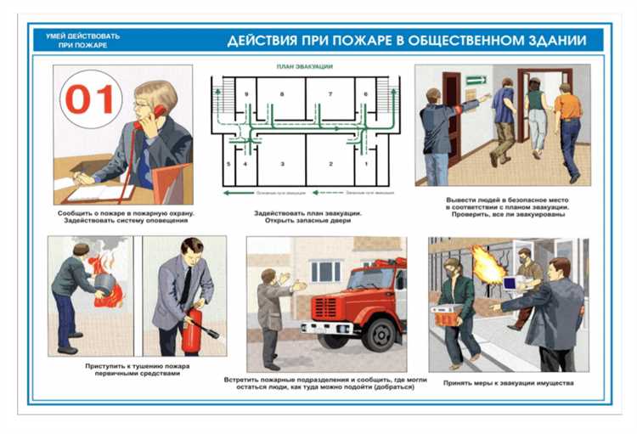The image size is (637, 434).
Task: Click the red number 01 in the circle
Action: click(90, 100)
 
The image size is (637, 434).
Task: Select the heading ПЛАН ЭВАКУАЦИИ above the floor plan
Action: click(304, 66)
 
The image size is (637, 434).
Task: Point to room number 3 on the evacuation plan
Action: click(282, 162)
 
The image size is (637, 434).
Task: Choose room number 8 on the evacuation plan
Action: click(282, 93)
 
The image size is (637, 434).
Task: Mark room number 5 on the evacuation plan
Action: click(228, 162)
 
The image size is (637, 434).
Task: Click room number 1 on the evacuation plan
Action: click(366, 162)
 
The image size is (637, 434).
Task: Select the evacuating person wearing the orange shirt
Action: click(568, 107)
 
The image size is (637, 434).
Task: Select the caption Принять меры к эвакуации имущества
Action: click(508, 383)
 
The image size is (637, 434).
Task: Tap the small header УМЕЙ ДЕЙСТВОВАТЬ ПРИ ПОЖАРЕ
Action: click(83, 40)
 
